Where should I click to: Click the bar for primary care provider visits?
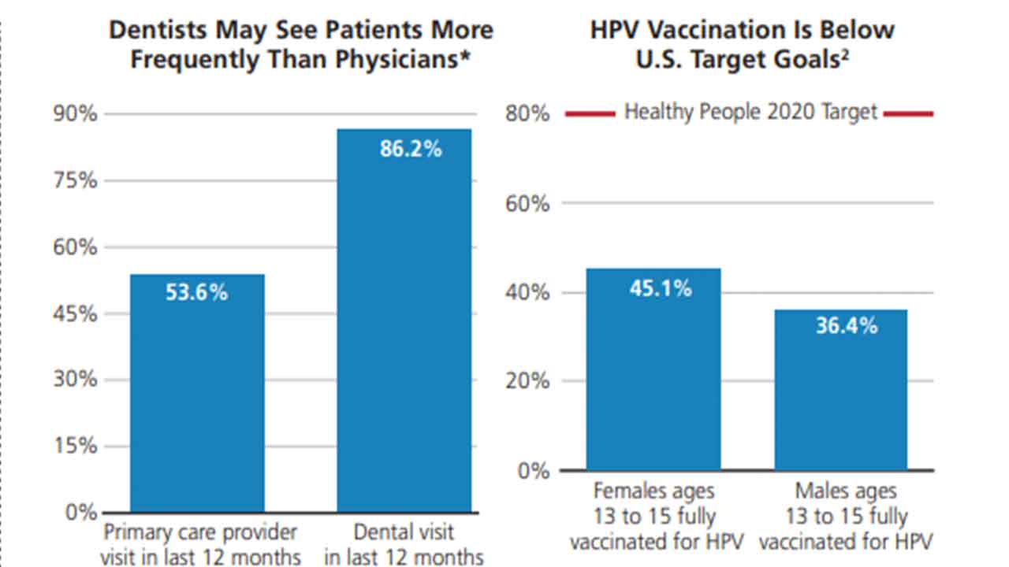(197, 394)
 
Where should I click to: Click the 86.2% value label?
(411, 149)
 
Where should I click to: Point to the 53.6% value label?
(196, 293)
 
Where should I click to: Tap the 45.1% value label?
(660, 288)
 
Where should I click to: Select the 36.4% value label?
(846, 325)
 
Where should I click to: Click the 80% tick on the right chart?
(527, 114)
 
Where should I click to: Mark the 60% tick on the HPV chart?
(527, 203)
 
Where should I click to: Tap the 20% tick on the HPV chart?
(527, 381)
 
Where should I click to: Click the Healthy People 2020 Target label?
(750, 112)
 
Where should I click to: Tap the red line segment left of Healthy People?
(590, 114)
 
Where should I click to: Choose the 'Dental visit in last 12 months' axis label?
(404, 544)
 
